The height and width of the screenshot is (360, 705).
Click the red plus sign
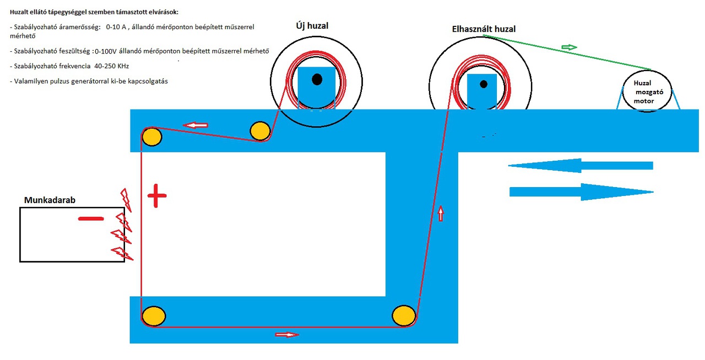[x=156, y=196]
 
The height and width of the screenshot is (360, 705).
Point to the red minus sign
[x=91, y=219]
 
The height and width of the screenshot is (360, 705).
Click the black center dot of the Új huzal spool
[x=317, y=79]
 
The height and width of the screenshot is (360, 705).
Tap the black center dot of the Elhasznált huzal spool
[x=484, y=84]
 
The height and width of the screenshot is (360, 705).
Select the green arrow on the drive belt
[x=569, y=48]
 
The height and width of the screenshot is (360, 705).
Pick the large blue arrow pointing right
[x=582, y=192]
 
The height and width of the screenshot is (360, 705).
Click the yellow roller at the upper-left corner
[x=152, y=137]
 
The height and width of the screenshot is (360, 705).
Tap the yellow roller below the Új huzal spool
[x=259, y=131]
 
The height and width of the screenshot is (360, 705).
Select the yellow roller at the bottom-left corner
[x=154, y=316]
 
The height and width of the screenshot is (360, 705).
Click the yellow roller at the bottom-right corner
[x=404, y=315]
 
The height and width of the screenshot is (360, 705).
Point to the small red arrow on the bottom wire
[x=287, y=334]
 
